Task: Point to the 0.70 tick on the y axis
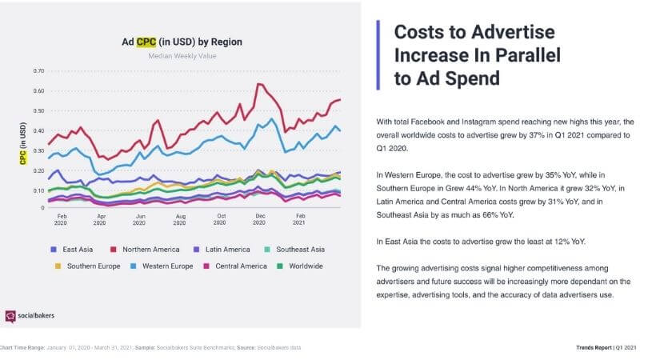(38, 70)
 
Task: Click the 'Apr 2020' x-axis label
(100, 220)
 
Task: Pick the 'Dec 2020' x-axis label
(259, 220)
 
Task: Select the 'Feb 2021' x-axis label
(301, 220)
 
